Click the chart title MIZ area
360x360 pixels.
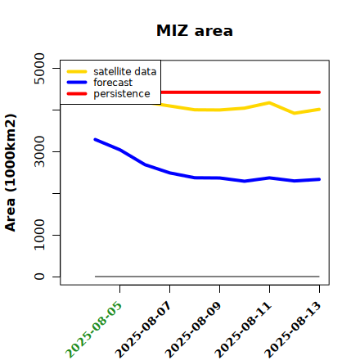195,30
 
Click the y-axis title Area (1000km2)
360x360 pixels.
11,173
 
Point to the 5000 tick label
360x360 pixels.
39,69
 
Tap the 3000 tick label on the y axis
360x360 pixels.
39,151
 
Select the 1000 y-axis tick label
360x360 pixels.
39,235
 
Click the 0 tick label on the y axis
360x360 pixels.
39,277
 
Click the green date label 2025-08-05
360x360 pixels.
93,329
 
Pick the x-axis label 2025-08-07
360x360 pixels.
143,329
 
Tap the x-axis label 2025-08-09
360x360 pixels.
193,329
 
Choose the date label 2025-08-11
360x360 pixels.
243,329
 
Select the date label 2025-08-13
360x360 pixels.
293,329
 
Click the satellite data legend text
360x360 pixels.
125,71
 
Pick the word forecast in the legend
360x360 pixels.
113,83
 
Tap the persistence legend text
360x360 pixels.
122,94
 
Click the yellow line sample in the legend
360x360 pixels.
77,71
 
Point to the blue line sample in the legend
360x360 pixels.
77,83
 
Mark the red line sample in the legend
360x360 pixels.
77,94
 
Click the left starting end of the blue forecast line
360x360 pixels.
95,140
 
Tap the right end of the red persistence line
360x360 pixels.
319,92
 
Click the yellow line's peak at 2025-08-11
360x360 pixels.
269,103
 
